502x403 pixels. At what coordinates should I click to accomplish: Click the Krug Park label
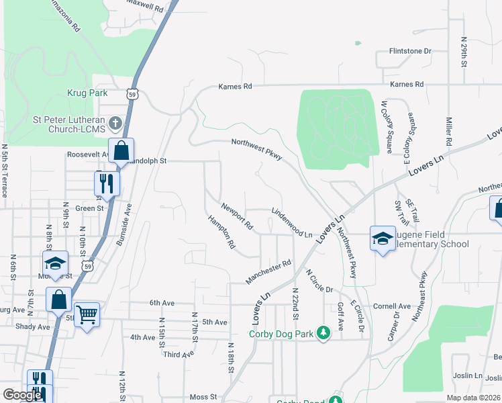[87, 93]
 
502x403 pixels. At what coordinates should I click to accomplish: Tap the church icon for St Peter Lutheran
[115, 123]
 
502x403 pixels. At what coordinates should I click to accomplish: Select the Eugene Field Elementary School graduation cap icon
[383, 238]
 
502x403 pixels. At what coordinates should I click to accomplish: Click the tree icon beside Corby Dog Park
[323, 333]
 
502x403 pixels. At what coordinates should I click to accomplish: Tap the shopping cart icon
[87, 314]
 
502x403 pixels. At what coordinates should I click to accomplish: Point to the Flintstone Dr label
[410, 51]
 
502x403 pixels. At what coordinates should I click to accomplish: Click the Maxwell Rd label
[144, 7]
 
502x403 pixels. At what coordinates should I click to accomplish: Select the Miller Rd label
[448, 132]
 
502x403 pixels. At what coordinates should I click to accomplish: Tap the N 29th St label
[464, 52]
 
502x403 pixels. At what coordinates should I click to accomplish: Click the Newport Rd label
[237, 216]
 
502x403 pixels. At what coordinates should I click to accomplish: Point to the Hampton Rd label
[221, 232]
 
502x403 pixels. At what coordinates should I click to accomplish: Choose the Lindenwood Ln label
[291, 222]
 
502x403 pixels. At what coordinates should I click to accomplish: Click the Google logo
[22, 395]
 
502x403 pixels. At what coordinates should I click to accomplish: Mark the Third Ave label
[179, 354]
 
